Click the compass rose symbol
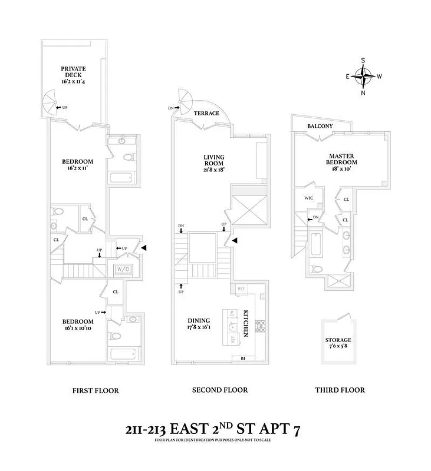366,75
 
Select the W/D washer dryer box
124,270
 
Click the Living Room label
214,161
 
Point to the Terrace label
207,114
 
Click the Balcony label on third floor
320,127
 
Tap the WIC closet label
309,198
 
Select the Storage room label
338,344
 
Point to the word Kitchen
246,323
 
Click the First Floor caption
96,390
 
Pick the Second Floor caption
220,390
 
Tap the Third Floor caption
340,390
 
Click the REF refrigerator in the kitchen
241,288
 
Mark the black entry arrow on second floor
235,240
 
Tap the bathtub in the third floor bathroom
314,245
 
